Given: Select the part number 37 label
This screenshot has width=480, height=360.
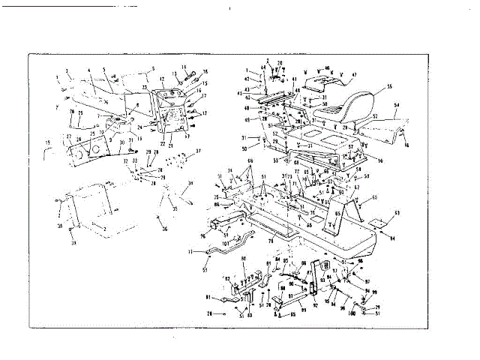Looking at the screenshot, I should [198, 151].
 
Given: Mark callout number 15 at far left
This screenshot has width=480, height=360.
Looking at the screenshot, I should [49, 142].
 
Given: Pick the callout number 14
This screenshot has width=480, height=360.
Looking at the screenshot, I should [184, 67].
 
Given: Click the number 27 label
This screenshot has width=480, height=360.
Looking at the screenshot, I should [69, 137].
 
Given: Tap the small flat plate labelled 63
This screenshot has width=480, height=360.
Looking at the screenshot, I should [380, 223].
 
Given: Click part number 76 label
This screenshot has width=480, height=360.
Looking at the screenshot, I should [202, 235].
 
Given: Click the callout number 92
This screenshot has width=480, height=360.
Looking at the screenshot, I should [315, 304].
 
